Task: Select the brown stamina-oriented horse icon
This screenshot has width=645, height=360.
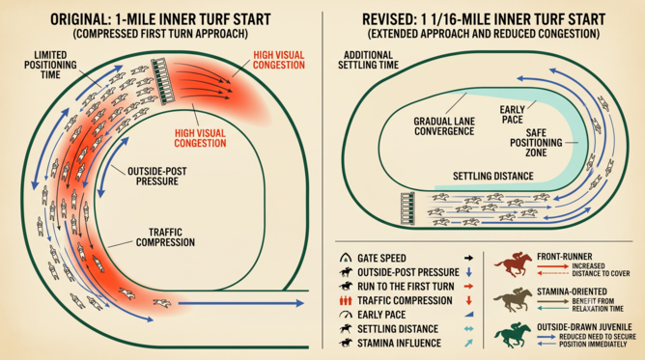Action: [514, 299]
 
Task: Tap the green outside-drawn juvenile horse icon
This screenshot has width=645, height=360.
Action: [514, 335]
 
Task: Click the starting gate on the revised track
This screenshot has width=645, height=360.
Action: [407, 208]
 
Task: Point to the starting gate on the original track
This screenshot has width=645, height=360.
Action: [164, 81]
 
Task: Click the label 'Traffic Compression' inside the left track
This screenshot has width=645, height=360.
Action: [165, 237]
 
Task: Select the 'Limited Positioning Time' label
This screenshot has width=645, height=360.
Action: [50, 65]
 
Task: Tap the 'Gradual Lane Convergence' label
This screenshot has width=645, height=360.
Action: [444, 126]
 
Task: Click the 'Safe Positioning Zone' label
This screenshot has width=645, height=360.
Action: [536, 143]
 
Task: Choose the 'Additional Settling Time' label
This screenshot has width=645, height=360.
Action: [368, 60]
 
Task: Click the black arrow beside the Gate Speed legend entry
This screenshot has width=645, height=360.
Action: [468, 258]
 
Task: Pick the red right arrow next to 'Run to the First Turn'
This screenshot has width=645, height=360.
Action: [468, 287]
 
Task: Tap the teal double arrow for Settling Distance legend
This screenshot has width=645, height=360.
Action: [468, 329]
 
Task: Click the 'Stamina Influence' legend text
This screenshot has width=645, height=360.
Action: [399, 344]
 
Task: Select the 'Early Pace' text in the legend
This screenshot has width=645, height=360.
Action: [381, 315]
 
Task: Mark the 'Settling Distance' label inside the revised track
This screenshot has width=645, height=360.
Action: [492, 177]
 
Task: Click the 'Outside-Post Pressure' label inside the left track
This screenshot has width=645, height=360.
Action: [157, 177]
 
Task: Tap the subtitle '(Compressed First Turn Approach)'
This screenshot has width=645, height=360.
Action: [160, 34]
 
